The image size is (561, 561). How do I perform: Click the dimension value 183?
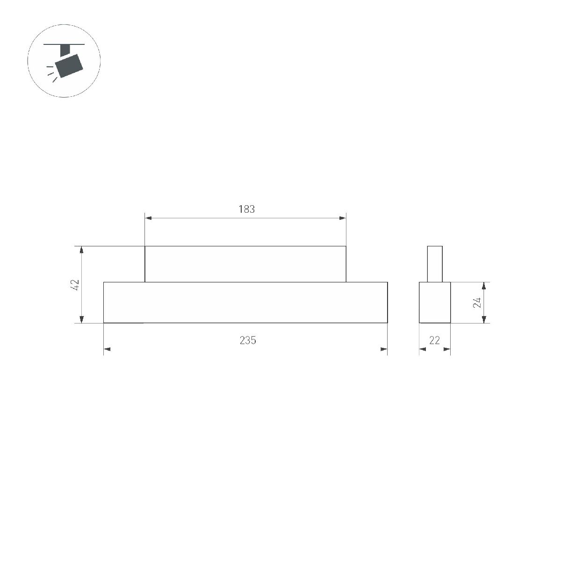click(x=246, y=209)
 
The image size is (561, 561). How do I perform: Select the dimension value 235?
click(x=248, y=340)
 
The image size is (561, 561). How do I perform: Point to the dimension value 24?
click(x=477, y=302)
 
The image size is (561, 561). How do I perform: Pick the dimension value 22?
click(x=435, y=340)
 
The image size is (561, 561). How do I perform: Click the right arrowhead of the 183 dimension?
click(x=342, y=218)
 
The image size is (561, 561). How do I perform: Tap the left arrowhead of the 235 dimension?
click(x=107, y=349)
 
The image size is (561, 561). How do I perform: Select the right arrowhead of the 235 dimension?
click(x=384, y=349)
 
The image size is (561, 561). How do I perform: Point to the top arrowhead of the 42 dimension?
click(x=82, y=250)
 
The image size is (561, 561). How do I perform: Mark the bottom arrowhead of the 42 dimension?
click(x=82, y=319)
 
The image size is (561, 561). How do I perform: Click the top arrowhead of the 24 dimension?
click(x=484, y=286)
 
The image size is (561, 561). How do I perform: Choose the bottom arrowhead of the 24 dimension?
click(x=484, y=319)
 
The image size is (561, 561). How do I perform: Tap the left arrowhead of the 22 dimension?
click(x=423, y=349)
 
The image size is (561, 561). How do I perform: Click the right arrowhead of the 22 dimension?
click(x=447, y=349)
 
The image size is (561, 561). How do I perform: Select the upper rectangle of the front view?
click(x=245, y=264)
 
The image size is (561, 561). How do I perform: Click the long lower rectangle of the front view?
click(x=245, y=302)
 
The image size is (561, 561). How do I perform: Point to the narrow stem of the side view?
click(x=435, y=264)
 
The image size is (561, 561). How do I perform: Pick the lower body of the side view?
click(x=435, y=302)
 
